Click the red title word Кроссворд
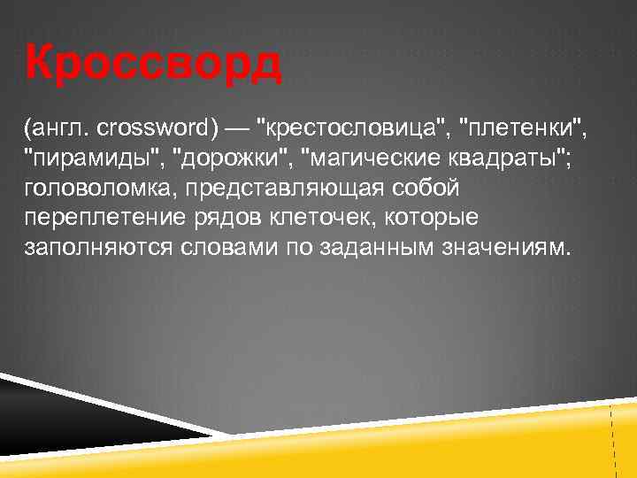pos(154,64)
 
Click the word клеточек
pos(320,217)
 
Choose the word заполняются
pos(91,247)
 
